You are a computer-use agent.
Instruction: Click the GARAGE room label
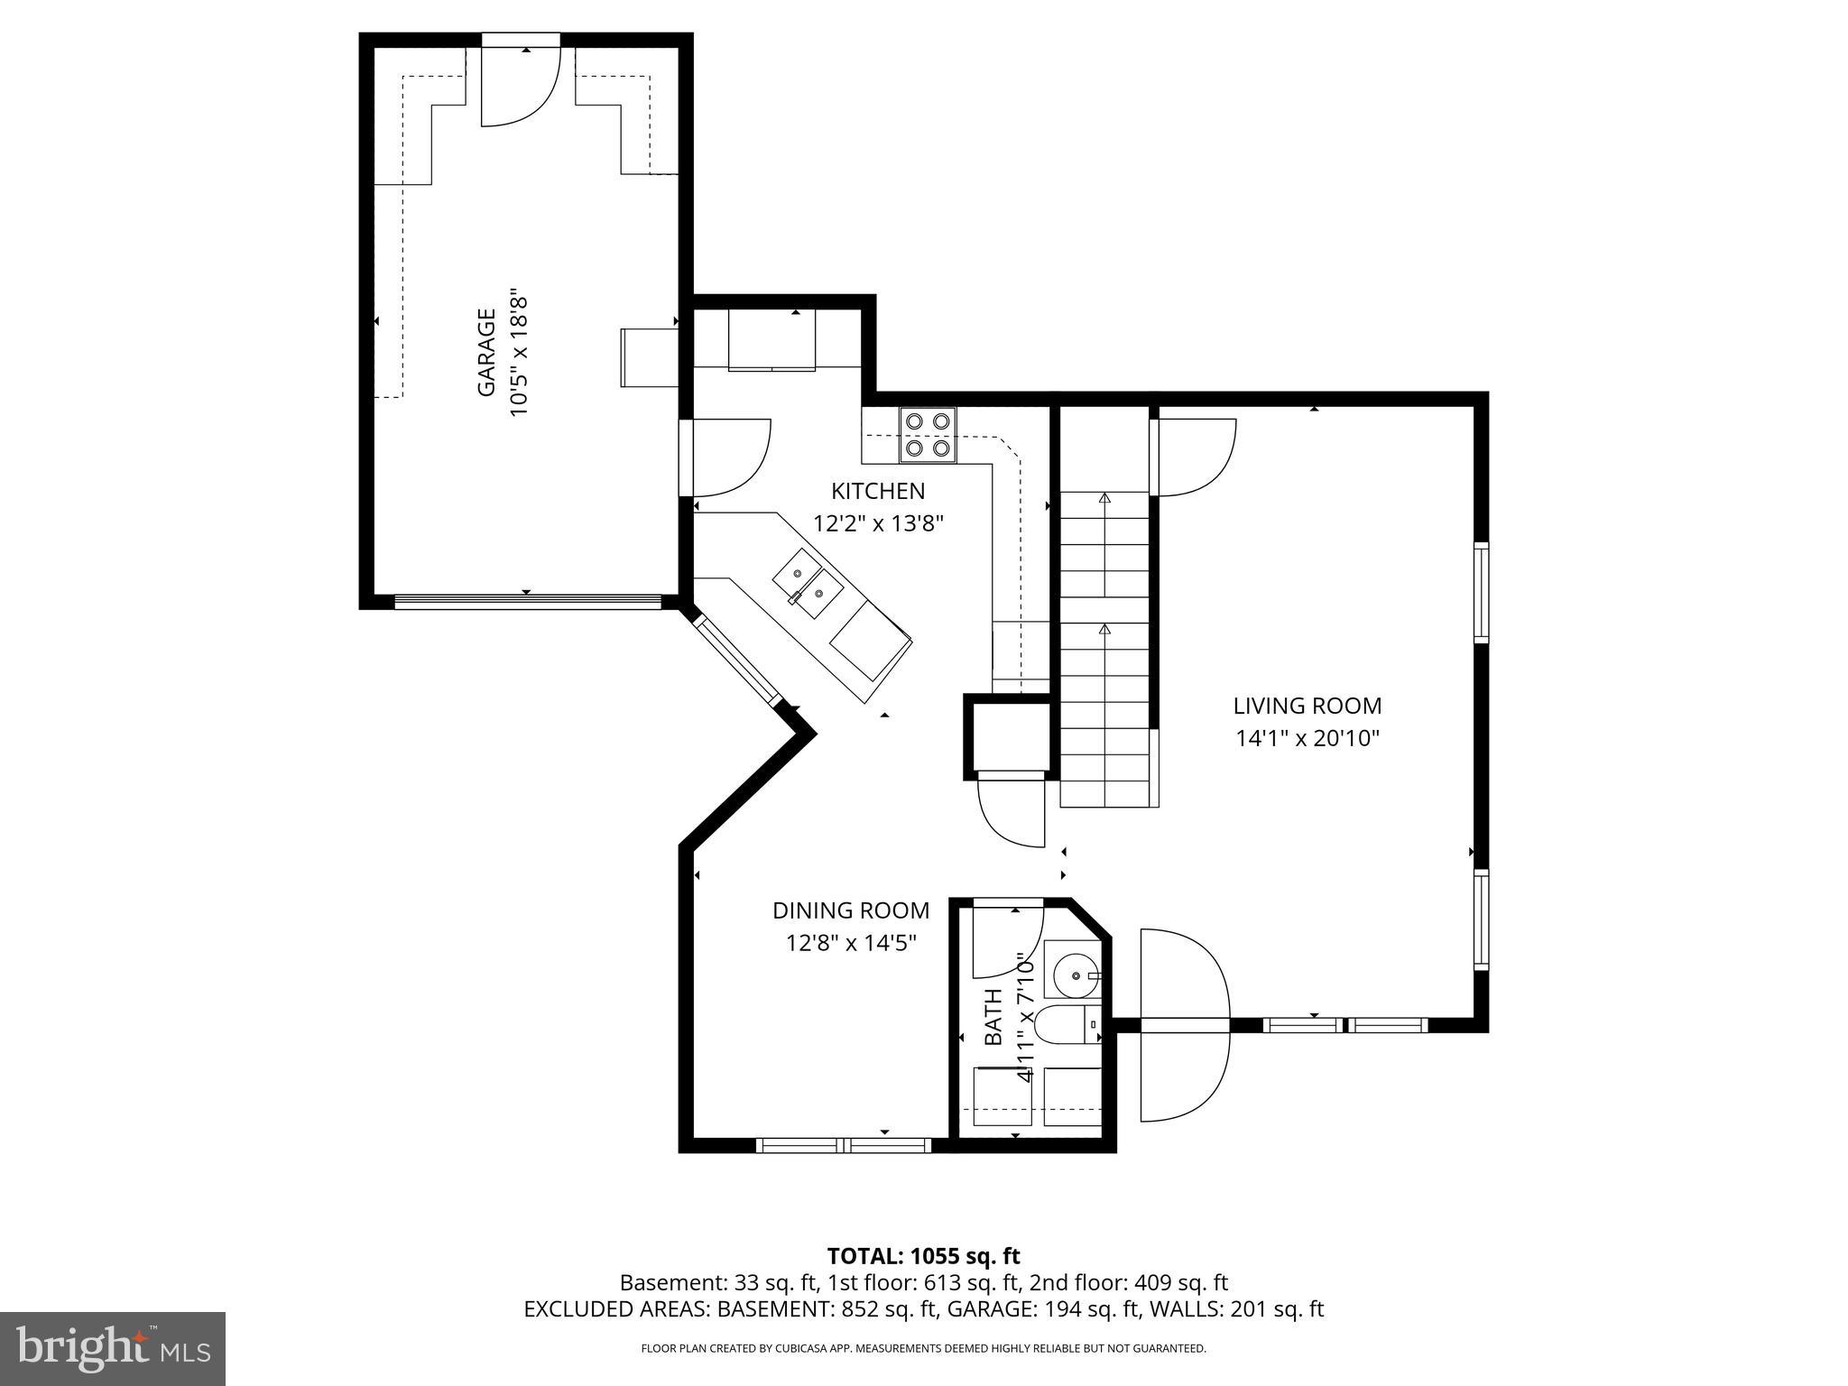[x=486, y=353]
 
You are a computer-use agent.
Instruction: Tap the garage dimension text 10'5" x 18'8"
[x=518, y=353]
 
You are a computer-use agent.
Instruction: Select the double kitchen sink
[x=808, y=582]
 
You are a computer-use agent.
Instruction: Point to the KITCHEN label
[x=877, y=491]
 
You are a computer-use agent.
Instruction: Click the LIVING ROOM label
[x=1307, y=706]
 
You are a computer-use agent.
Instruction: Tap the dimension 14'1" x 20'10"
[x=1307, y=739]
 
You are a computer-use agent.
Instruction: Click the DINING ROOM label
[x=850, y=910]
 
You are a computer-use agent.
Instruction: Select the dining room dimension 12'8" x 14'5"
[x=850, y=943]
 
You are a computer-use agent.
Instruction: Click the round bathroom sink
[x=1076, y=975]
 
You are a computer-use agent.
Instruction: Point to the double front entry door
[x=1184, y=1025]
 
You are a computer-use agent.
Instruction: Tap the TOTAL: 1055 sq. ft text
[x=923, y=1256]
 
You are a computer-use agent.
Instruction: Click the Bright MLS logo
[x=112, y=1349]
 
